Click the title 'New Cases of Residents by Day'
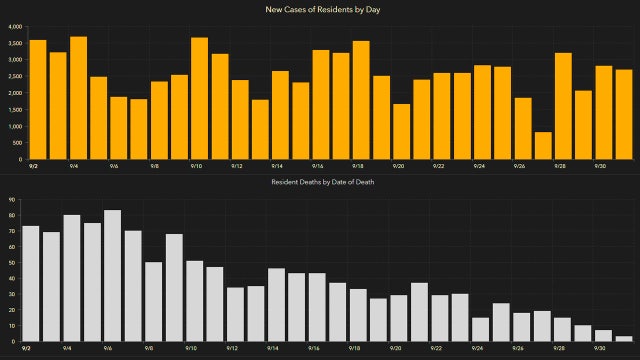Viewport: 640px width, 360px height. point(320,10)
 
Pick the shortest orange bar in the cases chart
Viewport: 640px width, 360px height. point(542,146)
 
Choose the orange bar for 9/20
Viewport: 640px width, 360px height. point(401,132)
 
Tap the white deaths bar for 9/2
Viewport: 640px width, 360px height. point(31,284)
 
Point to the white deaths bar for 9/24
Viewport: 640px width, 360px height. point(480,330)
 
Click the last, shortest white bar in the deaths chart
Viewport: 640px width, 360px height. point(624,339)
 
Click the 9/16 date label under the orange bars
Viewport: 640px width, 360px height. point(316,167)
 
